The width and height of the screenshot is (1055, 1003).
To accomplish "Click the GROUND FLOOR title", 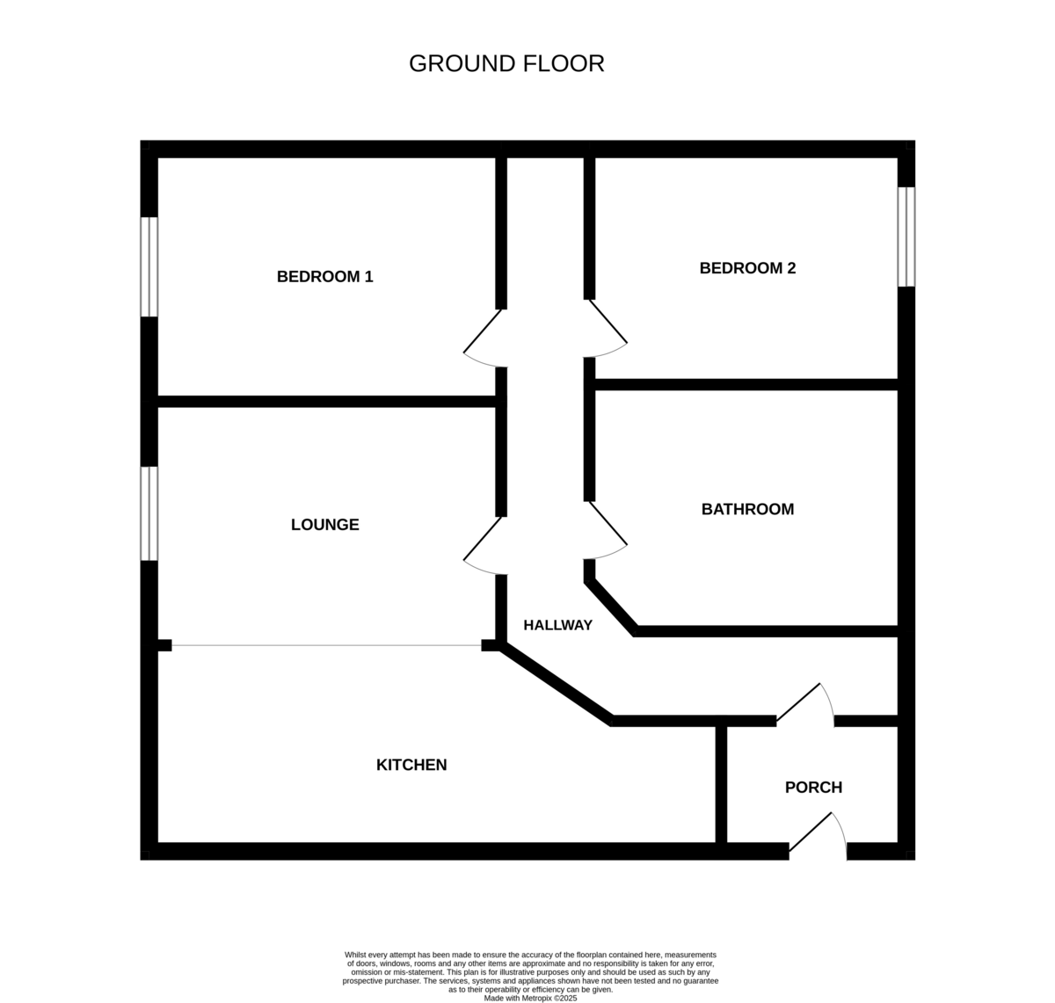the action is [506, 63].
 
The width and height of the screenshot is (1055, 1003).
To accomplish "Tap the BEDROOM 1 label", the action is [324, 276].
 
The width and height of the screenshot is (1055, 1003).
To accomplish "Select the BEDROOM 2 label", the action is [747, 268].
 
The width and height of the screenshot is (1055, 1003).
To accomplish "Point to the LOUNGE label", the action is [324, 524].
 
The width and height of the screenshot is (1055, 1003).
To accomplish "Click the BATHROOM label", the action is [747, 509].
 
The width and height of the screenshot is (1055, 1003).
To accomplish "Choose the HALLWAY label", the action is [557, 625].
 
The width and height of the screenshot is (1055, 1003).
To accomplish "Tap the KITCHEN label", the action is [411, 765].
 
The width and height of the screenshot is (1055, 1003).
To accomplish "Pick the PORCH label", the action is [813, 788].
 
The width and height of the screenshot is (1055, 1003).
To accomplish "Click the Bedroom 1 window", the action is [149, 266].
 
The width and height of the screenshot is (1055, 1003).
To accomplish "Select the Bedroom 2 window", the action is [906, 236].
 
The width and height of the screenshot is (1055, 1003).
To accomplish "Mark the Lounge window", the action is [149, 513].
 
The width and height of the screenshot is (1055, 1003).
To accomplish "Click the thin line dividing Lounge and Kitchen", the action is [326, 645].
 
